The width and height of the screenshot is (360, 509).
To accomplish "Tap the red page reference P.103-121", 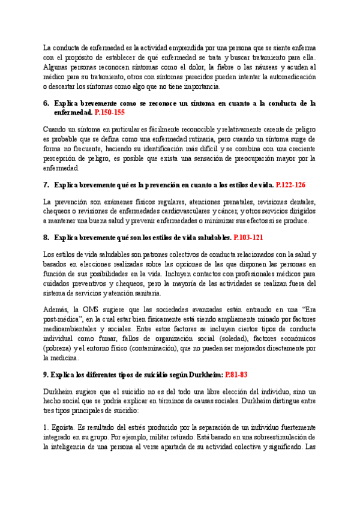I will (x=248, y=237).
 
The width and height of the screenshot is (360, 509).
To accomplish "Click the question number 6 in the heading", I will (x=46, y=103).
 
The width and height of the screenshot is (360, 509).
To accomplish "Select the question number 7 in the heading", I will (x=46, y=185).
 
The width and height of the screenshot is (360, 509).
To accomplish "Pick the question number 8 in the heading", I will (x=46, y=237).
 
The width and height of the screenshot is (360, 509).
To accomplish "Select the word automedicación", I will (x=290, y=77).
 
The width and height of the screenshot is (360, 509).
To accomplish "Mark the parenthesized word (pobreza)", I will (x=59, y=349).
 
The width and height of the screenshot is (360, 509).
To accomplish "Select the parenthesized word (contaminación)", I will (x=161, y=349).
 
